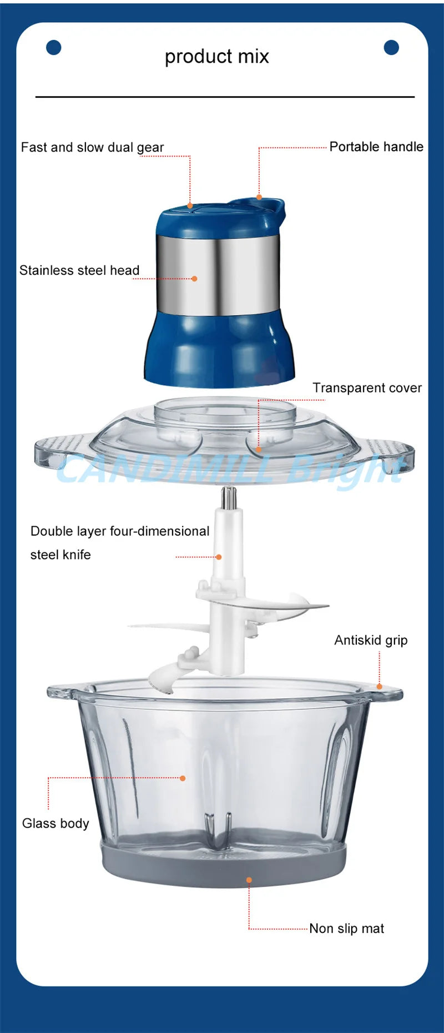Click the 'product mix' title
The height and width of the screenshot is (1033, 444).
[216, 57]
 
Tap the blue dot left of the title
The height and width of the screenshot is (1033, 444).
[53, 48]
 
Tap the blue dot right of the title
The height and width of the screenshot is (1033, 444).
[391, 48]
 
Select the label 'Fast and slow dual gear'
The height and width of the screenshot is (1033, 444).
[92, 148]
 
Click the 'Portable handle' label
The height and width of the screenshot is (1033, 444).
[376, 147]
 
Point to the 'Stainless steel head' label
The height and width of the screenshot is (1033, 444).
[79, 271]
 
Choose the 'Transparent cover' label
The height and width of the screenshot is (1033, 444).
[367, 388]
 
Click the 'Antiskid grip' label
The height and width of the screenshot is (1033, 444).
[371, 641]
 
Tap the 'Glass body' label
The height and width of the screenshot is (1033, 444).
[56, 824]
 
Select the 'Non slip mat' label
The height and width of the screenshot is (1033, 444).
[346, 929]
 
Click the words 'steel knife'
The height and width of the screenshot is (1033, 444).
[60, 555]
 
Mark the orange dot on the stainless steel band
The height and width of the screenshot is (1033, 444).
[194, 279]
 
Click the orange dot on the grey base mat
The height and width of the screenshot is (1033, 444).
[249, 880]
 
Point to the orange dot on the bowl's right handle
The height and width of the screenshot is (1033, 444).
[380, 687]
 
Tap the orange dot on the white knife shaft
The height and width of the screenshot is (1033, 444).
[219, 557]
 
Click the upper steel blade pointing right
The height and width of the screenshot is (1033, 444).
[300, 607]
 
